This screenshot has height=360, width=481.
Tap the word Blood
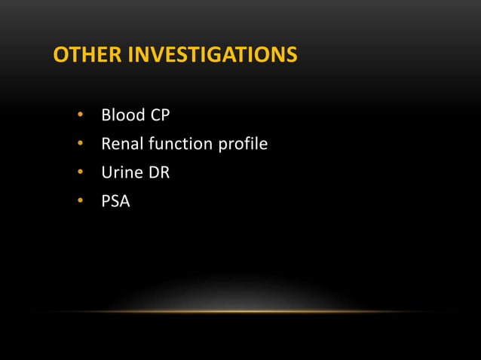tap(121, 115)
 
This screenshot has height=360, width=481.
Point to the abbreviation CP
tap(161, 115)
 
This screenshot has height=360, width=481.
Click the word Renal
tap(121, 144)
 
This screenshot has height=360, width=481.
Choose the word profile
tap(243, 144)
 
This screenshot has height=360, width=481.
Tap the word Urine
tap(121, 172)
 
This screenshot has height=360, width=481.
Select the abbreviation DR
tap(158, 172)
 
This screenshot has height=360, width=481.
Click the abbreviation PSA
tap(115, 201)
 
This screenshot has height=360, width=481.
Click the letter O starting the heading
tap(60, 56)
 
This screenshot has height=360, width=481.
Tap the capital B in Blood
tap(106, 115)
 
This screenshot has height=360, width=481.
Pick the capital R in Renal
tap(106, 144)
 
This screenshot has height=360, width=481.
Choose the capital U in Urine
tap(107, 172)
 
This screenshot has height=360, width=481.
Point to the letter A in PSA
tap(124, 201)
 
